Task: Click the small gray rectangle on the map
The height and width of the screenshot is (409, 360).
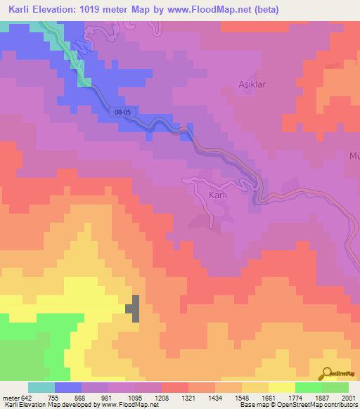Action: click(132, 309)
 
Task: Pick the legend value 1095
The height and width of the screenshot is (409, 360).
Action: click(134, 397)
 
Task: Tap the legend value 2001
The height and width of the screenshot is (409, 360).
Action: click(348, 397)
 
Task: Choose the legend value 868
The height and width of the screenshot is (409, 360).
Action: click(81, 397)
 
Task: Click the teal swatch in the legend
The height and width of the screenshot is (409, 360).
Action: click(41, 387)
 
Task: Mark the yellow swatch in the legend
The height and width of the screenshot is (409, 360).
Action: click(281, 387)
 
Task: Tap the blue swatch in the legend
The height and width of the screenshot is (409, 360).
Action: click(67, 387)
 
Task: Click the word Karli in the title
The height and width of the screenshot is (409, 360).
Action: click(15, 10)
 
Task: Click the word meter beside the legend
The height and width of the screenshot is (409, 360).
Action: click(10, 397)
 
